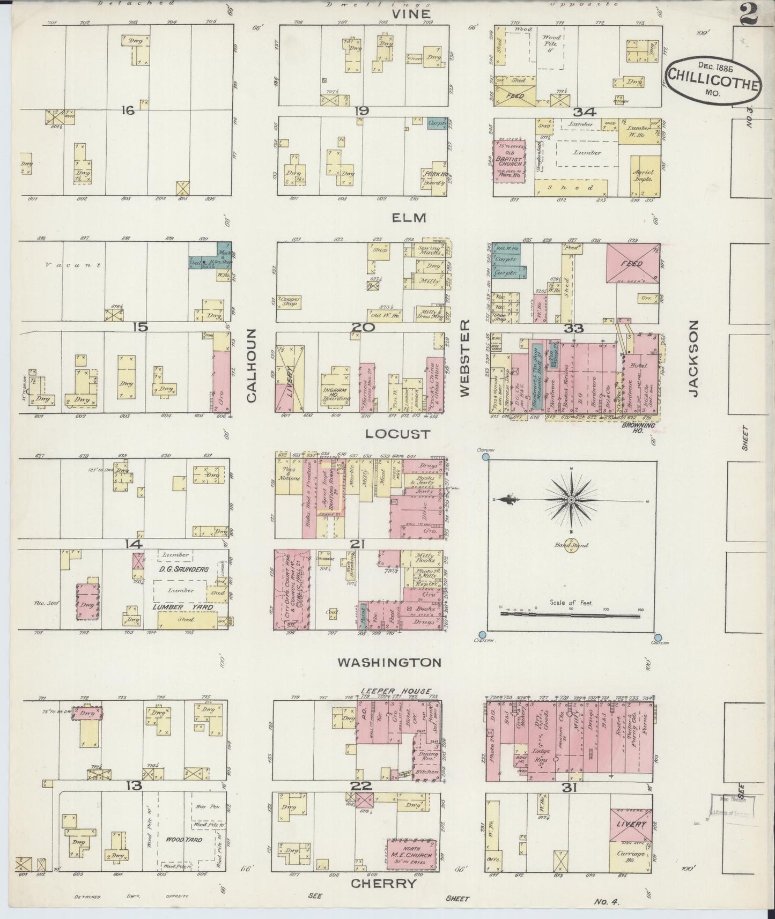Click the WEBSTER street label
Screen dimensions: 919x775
tap(464, 358)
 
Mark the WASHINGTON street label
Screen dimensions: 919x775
tap(389, 663)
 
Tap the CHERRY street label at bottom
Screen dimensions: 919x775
tap(383, 883)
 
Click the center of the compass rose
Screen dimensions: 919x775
tap(572, 500)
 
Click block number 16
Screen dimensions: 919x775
tap(127, 110)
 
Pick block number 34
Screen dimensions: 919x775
tap(581, 112)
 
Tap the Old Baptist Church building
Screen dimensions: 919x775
tap(509, 161)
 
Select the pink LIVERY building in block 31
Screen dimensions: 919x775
tap(632, 824)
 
